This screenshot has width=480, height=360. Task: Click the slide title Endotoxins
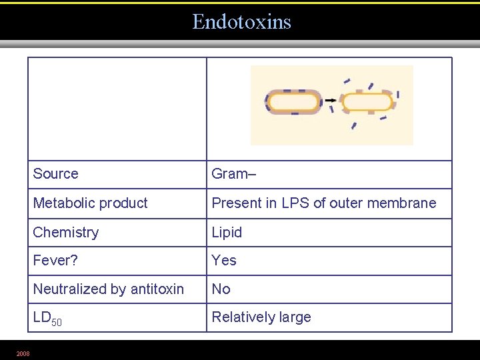241,22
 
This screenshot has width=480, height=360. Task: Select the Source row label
55,174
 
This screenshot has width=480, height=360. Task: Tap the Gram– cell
234,174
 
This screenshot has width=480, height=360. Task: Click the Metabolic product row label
90,203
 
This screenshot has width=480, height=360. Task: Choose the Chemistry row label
65,233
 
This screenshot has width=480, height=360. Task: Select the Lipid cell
227,233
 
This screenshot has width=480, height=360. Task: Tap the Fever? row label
55,261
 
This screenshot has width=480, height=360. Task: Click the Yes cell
224,261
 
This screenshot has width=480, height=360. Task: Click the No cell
221,289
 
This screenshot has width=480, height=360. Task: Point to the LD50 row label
47,319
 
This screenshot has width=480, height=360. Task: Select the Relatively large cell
261,317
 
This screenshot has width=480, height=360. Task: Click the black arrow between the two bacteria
331,101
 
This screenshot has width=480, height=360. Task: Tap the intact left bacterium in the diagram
293,102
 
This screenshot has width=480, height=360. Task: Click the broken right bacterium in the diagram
367,102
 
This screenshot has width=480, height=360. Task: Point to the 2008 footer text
23,353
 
